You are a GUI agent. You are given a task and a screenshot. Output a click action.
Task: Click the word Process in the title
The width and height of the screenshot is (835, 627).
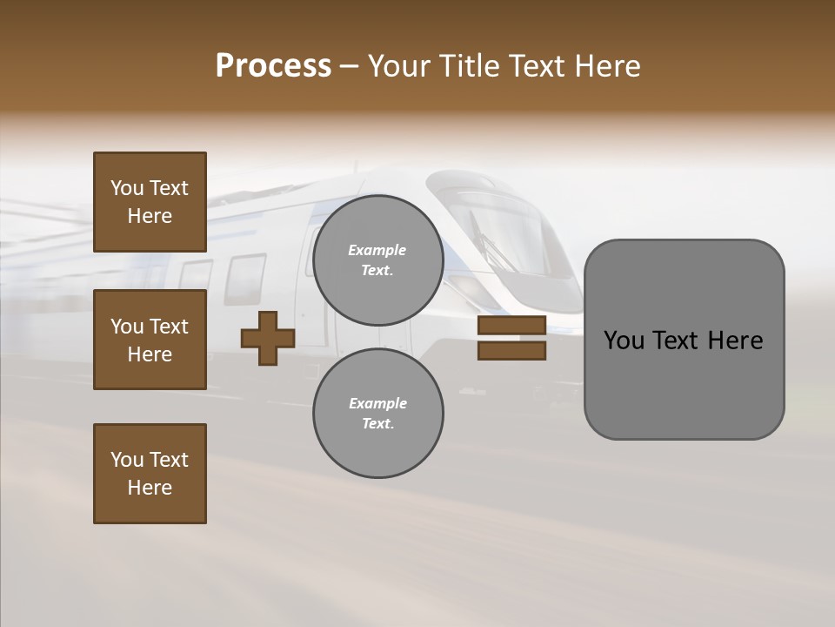(273, 66)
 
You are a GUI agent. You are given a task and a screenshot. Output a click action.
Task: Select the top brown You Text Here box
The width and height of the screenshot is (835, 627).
(150, 202)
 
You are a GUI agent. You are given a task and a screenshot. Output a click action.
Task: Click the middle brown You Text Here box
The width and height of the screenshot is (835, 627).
(150, 340)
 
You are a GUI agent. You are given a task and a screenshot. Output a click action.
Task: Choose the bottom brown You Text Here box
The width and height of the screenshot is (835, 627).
(150, 474)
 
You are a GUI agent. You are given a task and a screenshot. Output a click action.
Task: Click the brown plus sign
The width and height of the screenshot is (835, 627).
(268, 339)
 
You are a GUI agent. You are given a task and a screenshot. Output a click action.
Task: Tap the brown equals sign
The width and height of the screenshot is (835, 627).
(511, 339)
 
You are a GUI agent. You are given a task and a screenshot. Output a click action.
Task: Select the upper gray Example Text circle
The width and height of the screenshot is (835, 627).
(377, 260)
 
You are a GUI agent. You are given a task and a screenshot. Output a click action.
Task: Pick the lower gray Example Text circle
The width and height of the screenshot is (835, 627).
(377, 413)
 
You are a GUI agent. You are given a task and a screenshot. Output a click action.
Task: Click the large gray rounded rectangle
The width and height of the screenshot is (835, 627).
(684, 339)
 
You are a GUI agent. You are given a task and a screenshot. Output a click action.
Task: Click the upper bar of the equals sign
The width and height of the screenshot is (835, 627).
(511, 326)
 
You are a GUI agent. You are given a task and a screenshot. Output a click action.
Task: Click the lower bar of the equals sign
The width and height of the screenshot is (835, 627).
(511, 351)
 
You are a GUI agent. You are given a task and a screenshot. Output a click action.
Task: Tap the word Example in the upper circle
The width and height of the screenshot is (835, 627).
(377, 250)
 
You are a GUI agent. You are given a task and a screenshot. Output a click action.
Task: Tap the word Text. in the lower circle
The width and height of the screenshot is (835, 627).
(377, 423)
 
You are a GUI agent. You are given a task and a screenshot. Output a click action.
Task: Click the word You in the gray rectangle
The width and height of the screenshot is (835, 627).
(623, 340)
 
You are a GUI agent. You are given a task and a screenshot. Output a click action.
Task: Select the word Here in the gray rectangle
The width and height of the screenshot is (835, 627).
(735, 340)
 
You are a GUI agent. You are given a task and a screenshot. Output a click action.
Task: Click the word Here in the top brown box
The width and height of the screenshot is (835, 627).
(150, 216)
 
